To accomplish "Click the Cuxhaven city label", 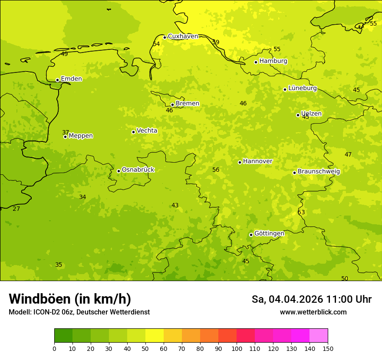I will coord(183,36).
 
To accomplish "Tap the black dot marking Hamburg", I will coord(256,62).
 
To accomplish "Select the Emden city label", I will coord(71,79).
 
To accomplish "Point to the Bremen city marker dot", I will coord(172,105).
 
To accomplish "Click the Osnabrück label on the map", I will coord(138,170).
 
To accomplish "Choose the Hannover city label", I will coord(257,161).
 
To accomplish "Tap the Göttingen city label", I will coord(269,234).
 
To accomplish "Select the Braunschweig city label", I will coord(319,172).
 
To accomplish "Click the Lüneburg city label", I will coord(303,88).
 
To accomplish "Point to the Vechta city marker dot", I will coord(133,132).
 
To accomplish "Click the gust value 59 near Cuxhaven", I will coord(216,43).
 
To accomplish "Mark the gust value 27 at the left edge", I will coord(16,209).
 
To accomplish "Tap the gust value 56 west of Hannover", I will coord(216,170).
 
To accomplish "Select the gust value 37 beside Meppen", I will coord(66,133).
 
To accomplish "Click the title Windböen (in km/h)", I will coord(70,299).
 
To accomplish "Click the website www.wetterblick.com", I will coord(313,312).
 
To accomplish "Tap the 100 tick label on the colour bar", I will coord(237,348).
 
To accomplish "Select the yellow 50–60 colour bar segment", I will coord(155,336).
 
